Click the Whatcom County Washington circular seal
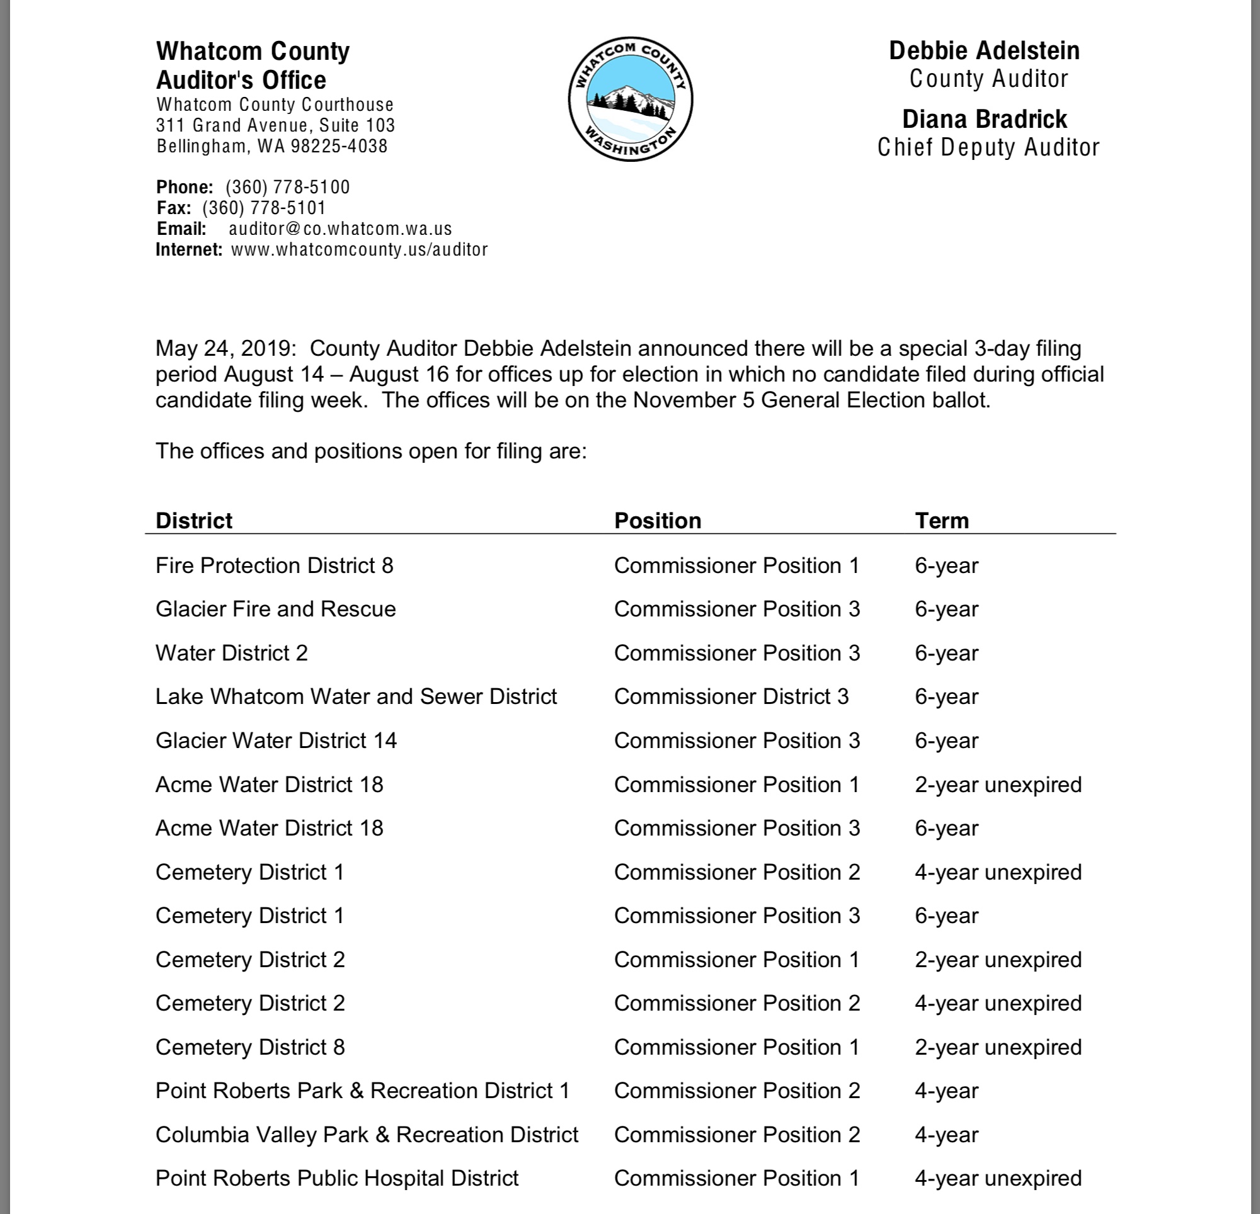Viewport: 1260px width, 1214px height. tap(630, 99)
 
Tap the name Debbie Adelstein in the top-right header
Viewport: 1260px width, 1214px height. tap(983, 51)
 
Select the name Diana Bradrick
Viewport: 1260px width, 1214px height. tap(983, 119)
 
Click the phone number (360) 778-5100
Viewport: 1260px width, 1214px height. tap(287, 187)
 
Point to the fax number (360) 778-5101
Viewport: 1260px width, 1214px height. tap(263, 208)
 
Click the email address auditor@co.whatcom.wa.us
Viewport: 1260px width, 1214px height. tap(340, 229)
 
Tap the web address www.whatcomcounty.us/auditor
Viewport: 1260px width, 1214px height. tap(358, 249)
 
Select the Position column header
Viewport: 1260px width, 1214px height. tap(657, 521)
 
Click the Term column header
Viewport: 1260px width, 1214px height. tap(941, 521)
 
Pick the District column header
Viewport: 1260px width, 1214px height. tap(193, 521)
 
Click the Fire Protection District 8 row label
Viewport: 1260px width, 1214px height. tap(274, 565)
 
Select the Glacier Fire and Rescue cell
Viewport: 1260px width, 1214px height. tap(275, 610)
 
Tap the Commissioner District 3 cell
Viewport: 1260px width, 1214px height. tap(731, 696)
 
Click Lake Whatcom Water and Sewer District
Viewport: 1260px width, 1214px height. tap(355, 696)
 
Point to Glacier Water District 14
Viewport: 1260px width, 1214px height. tap(276, 740)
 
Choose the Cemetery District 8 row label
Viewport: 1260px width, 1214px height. tap(249, 1047)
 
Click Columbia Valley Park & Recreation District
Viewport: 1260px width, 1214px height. tap(367, 1134)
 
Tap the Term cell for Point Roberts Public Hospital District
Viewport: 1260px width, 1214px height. tap(998, 1178)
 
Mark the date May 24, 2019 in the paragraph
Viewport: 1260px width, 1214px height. tap(223, 348)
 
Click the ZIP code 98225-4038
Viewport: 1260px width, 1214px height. tap(339, 146)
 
